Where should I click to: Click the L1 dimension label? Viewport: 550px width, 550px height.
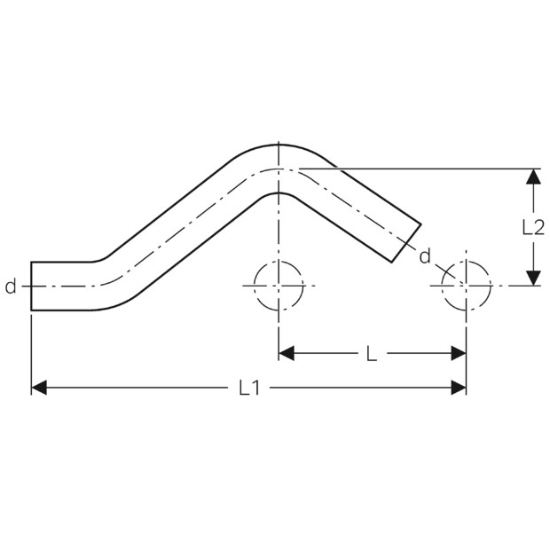tap(249, 388)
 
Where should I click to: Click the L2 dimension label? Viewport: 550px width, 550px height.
tap(533, 227)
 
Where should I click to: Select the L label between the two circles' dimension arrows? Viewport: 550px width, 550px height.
tap(372, 354)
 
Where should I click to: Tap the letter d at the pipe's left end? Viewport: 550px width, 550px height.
tap(11, 287)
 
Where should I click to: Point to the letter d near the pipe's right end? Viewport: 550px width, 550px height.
tap(425, 256)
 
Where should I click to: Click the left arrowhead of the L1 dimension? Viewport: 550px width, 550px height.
tap(39, 388)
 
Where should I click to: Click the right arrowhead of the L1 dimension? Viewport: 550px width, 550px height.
tap(459, 388)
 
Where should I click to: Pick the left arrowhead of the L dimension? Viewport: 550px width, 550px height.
tap(287, 353)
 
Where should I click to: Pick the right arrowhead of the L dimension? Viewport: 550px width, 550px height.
tap(459, 353)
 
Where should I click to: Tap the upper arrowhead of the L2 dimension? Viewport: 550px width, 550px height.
tap(533, 177)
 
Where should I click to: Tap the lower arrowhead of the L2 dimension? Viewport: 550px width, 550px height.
tap(533, 278)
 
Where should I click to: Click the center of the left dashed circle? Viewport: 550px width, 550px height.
tap(279, 286)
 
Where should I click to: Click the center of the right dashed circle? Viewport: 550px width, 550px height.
tap(466, 286)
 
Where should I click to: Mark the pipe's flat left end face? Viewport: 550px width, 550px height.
tap(31, 287)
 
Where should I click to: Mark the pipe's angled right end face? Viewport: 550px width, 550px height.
tap(406, 243)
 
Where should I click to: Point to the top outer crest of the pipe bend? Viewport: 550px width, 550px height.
tap(279, 145)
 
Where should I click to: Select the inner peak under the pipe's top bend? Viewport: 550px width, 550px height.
tap(279, 192)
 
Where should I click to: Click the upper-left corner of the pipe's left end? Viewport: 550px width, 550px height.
tap(31, 262)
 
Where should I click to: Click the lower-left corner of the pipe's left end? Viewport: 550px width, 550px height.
tap(31, 310)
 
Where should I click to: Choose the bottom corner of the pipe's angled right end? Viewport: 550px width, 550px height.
tap(391, 262)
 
